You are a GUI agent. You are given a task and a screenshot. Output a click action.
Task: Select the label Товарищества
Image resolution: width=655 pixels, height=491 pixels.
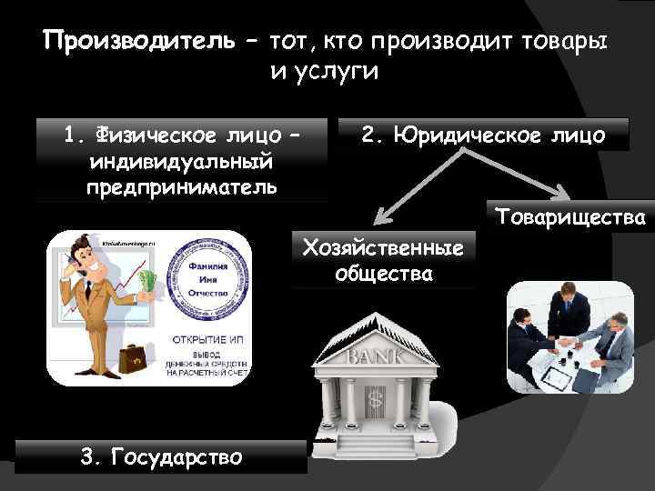[570, 217]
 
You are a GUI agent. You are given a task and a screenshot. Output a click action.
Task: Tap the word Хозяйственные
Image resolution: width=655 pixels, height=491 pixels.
[383, 247]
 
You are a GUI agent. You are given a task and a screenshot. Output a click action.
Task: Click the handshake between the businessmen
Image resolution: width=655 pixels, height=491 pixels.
[568, 343]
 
